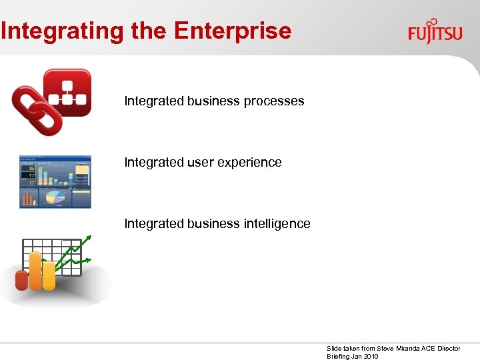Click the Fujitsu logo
[x=435, y=31]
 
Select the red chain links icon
[x=37, y=109]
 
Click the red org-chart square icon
[x=67, y=93]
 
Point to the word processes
[x=273, y=101]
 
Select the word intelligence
[x=276, y=223]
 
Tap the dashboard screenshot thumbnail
[x=55, y=182]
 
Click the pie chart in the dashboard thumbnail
[x=57, y=198]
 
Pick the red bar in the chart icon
[x=22, y=280]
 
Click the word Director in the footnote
[x=449, y=349]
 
